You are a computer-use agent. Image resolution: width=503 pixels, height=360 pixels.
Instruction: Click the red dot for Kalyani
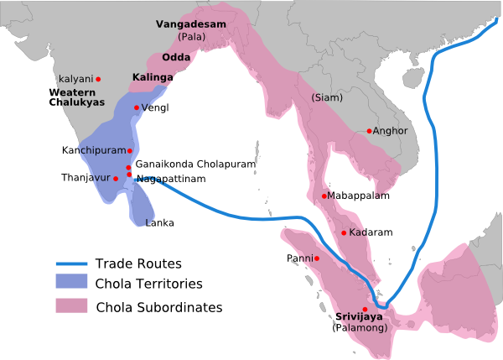98,79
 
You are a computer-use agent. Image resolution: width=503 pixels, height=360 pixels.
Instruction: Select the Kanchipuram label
92,150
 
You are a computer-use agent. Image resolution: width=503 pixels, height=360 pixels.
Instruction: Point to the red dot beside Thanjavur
116,179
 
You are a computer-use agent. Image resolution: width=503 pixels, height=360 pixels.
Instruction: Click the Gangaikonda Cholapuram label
195,164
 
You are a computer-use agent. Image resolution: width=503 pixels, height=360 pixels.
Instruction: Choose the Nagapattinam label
171,179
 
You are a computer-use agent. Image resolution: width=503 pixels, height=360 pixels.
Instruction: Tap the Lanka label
160,223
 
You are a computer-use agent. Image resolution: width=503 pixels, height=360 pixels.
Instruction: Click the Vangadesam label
191,24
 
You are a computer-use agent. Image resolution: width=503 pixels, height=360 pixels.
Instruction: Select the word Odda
175,57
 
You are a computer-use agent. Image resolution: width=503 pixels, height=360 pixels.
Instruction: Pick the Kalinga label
153,78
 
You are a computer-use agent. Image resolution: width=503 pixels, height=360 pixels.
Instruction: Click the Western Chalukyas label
76,97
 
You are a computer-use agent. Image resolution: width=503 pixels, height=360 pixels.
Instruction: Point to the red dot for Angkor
369,131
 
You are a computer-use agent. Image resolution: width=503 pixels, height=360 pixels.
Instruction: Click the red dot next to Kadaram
344,232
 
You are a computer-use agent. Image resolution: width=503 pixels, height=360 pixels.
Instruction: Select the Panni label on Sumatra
299,258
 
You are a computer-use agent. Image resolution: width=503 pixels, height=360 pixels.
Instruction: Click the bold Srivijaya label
360,316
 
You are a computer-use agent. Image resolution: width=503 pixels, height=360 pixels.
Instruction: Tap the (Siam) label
327,97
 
